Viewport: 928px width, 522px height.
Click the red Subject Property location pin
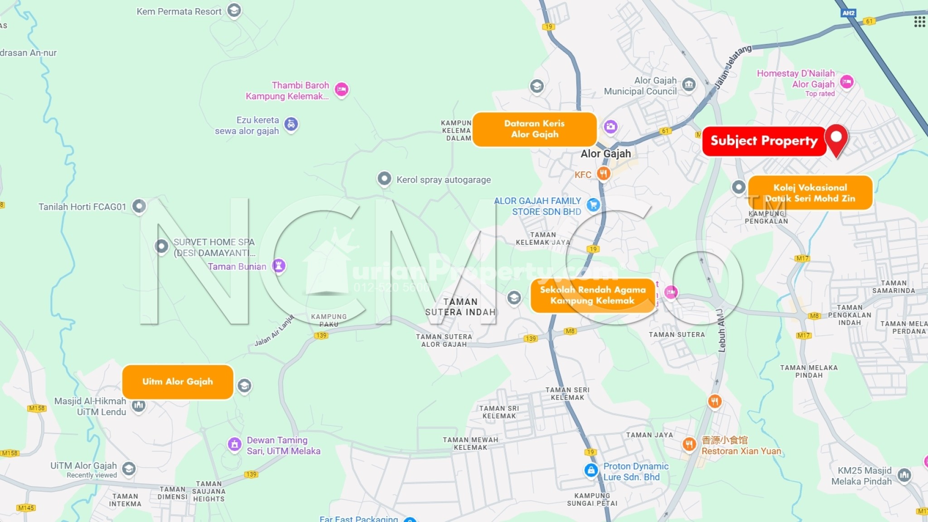coord(836,138)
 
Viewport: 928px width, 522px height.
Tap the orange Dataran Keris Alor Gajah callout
coord(534,129)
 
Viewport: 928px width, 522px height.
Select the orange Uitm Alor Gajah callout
coord(178,382)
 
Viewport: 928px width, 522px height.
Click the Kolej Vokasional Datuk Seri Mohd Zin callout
coord(810,193)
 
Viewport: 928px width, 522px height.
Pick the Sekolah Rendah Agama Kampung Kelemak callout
coord(592,295)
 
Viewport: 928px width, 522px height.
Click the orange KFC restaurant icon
coord(603,173)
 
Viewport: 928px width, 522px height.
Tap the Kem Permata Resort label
coord(179,12)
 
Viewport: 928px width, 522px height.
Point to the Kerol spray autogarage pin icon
coord(384,179)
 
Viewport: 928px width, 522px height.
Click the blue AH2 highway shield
coord(848,13)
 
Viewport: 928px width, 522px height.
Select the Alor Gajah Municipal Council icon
coord(689,84)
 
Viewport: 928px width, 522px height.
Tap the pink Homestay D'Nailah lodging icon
coord(846,82)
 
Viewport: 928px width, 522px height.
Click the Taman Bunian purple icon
coord(279,265)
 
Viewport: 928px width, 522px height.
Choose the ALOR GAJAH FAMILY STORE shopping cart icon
coord(593,205)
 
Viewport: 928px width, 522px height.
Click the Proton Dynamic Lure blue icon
coord(591,470)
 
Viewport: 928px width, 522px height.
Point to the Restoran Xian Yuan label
coord(741,451)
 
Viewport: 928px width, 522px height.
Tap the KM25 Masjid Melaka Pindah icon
coord(904,475)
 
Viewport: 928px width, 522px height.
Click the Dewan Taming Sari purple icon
coord(234,445)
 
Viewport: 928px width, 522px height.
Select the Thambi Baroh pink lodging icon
coord(342,89)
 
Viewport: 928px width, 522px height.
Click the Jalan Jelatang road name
coord(732,66)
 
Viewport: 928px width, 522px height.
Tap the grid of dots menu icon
coord(919,21)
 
